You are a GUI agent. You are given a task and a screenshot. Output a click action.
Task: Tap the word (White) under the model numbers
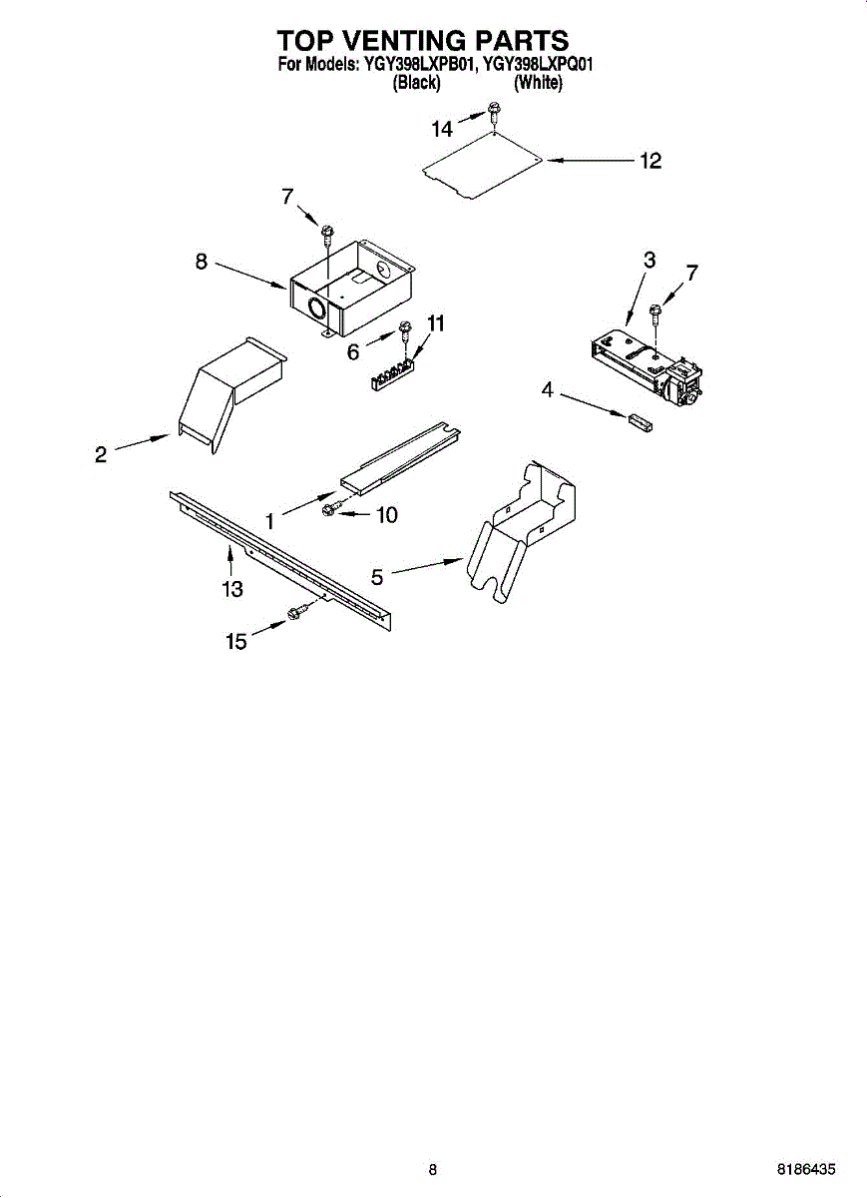pos(538,84)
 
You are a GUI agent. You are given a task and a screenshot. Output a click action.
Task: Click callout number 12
pos(650,161)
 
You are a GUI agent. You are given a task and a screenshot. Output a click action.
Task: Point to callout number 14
pos(442,128)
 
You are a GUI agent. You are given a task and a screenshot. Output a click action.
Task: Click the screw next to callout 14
pos(493,111)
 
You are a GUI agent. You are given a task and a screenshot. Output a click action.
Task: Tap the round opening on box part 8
pos(317,308)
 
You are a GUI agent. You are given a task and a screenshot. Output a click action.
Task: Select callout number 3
pos(650,260)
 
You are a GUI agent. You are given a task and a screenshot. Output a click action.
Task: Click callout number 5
pos(377,576)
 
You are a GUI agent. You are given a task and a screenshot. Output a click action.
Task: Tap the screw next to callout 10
pos(331,510)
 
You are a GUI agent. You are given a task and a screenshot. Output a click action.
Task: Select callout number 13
pos(232,589)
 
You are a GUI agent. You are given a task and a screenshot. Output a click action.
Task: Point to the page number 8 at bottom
pos(433,1169)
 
